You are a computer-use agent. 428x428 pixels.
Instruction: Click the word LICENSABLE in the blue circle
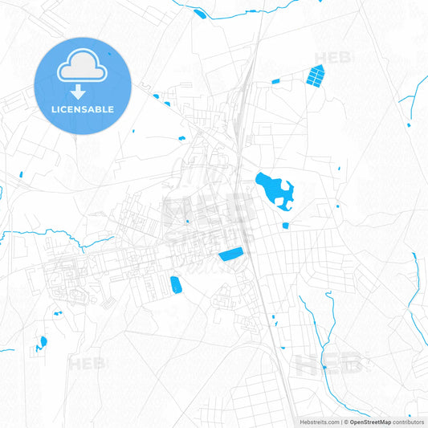[82, 109]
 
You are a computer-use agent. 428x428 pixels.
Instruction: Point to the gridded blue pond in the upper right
[315, 76]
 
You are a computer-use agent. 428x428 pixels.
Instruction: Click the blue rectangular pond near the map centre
[231, 255]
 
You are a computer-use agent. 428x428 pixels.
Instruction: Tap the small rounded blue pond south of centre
[175, 283]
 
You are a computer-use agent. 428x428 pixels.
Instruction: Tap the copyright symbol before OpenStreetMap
[346, 422]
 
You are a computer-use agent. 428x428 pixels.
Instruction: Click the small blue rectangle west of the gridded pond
[276, 80]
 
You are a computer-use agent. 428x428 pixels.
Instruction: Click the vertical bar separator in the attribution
[341, 422]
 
